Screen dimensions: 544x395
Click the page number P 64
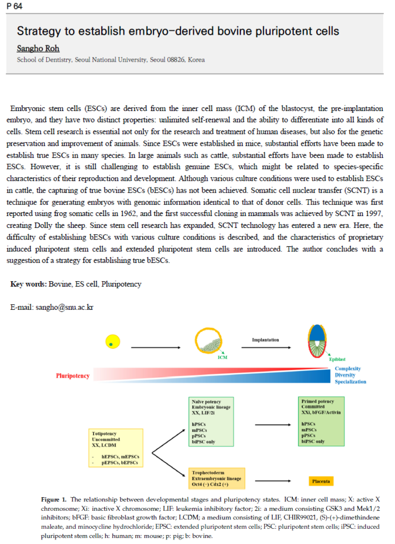pyautogui.click(x=14, y=7)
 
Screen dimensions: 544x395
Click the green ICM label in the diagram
pyautogui.click(x=222, y=357)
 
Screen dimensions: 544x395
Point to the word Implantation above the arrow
pyautogui.click(x=265, y=340)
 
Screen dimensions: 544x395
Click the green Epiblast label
pyautogui.click(x=337, y=359)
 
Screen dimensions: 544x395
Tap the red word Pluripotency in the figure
pyautogui.click(x=73, y=376)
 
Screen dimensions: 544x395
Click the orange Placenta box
pyautogui.click(x=321, y=481)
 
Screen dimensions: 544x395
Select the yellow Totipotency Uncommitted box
pyautogui.click(x=115, y=448)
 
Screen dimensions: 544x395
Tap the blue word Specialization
pyautogui.click(x=350, y=382)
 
